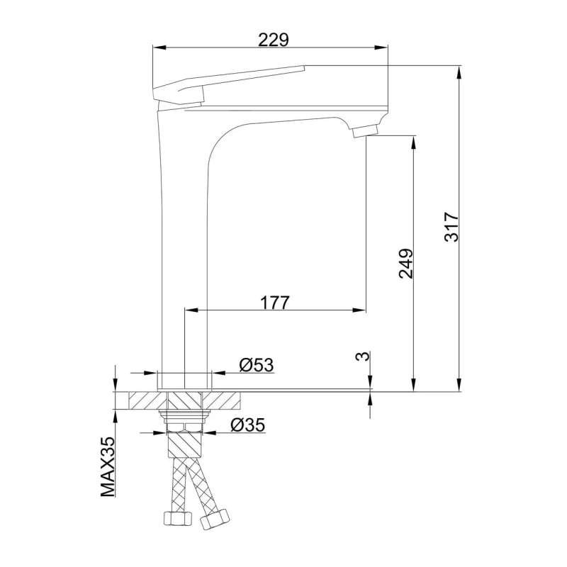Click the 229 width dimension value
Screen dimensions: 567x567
click(x=273, y=40)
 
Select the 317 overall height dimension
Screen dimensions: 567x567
click(x=451, y=227)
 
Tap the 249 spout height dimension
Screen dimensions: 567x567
click(x=405, y=263)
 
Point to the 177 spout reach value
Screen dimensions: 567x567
click(x=274, y=303)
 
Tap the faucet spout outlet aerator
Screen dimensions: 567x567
click(x=366, y=130)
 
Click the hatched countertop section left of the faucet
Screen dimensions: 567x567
click(x=137, y=399)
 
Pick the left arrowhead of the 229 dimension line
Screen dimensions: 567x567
click(x=158, y=48)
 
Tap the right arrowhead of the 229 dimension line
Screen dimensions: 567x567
click(x=385, y=48)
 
